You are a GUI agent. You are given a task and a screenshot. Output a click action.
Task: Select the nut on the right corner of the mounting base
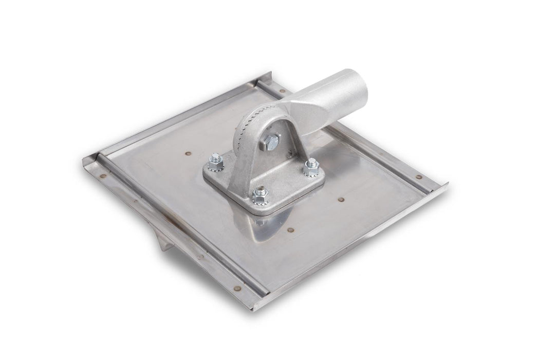click(310, 166)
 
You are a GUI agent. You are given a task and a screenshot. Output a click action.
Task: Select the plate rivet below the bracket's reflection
click(291, 231)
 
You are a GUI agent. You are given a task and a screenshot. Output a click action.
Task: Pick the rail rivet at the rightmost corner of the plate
click(420, 177)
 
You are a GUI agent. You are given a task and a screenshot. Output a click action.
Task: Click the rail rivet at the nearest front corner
click(237, 289)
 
